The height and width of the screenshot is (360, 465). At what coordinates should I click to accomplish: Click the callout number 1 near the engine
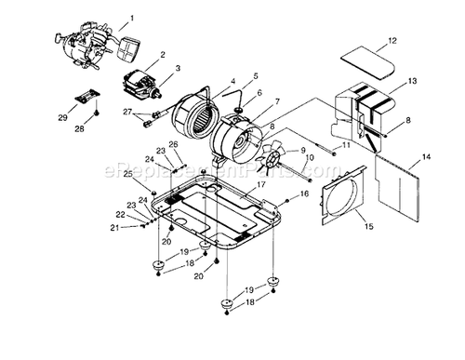(131, 18)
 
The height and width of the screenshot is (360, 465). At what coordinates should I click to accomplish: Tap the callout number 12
(392, 40)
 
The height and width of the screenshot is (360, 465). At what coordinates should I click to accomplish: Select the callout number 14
(427, 158)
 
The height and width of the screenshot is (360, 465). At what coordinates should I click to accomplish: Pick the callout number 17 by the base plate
(261, 185)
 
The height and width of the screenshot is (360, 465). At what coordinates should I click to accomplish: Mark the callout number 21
(115, 227)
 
